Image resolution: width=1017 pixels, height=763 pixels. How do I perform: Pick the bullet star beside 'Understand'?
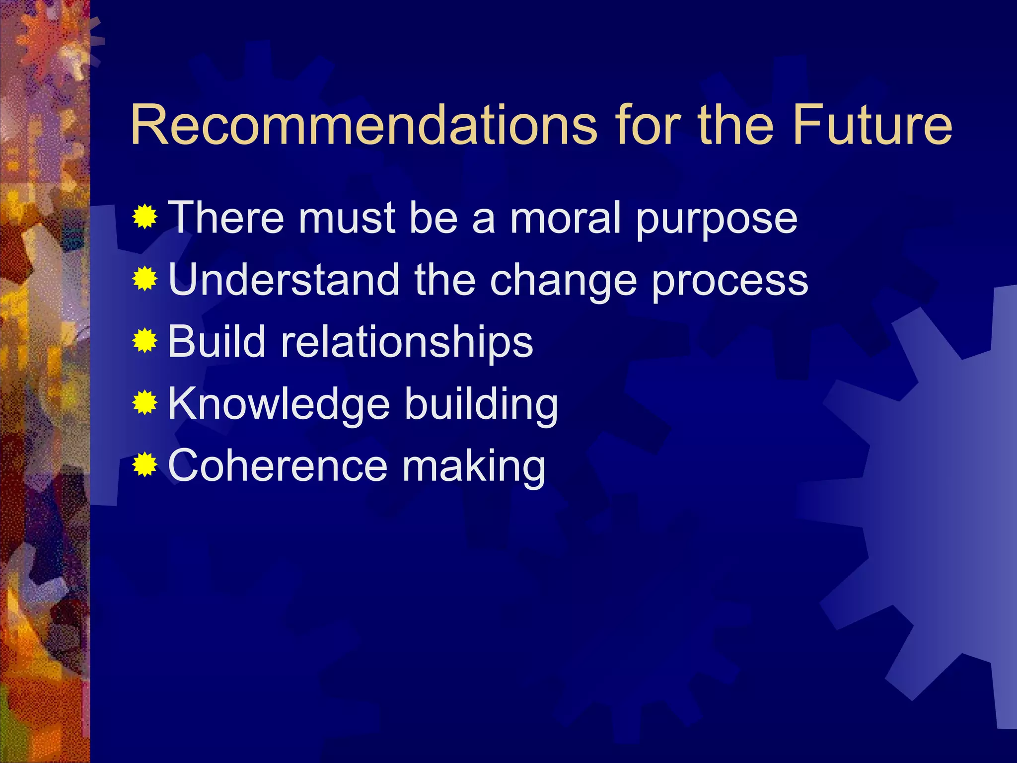tap(145, 279)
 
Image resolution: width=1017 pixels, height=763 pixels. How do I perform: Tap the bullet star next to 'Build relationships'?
tap(145, 341)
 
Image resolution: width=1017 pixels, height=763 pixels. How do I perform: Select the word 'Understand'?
tap(284, 279)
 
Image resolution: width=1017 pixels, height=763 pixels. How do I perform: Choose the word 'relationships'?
tap(407, 342)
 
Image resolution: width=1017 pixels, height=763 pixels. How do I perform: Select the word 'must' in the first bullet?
tap(346, 218)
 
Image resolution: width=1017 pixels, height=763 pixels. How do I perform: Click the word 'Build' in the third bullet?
tap(217, 341)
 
